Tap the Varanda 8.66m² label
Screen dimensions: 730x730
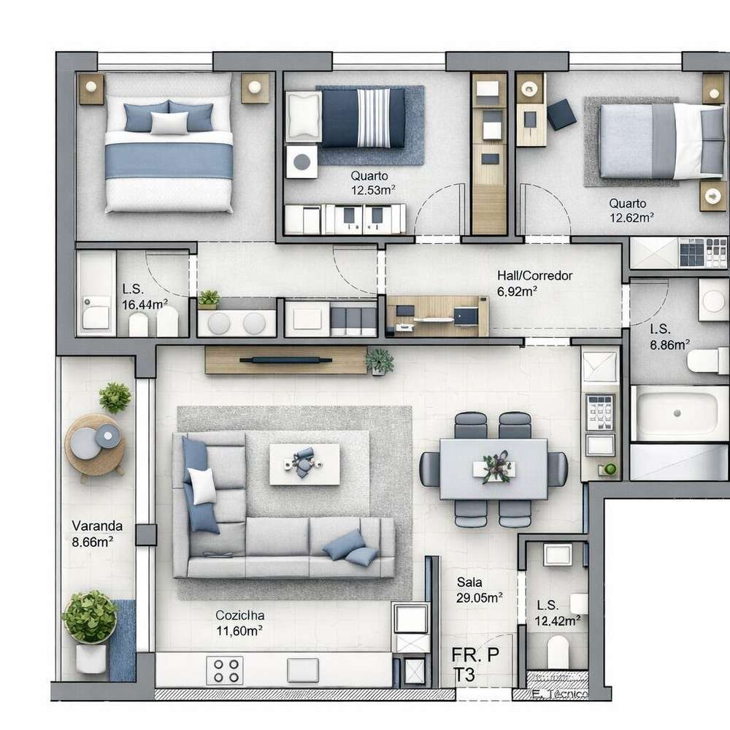tap(97, 533)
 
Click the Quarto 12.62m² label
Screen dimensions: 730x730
tap(631, 210)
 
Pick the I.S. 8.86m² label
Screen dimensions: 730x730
tap(669, 337)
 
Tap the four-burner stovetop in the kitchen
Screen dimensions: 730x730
tap(225, 669)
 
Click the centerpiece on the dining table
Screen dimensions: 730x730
tap(495, 466)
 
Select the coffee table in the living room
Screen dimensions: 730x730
tap(304, 464)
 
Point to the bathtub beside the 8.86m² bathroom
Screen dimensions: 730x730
tap(679, 413)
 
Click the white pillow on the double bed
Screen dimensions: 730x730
tap(169, 123)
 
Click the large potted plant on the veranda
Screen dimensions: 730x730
tap(89, 618)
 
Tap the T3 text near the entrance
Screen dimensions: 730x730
tap(464, 675)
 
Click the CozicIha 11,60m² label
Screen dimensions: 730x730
tap(239, 623)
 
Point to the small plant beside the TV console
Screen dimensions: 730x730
tap(379, 361)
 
